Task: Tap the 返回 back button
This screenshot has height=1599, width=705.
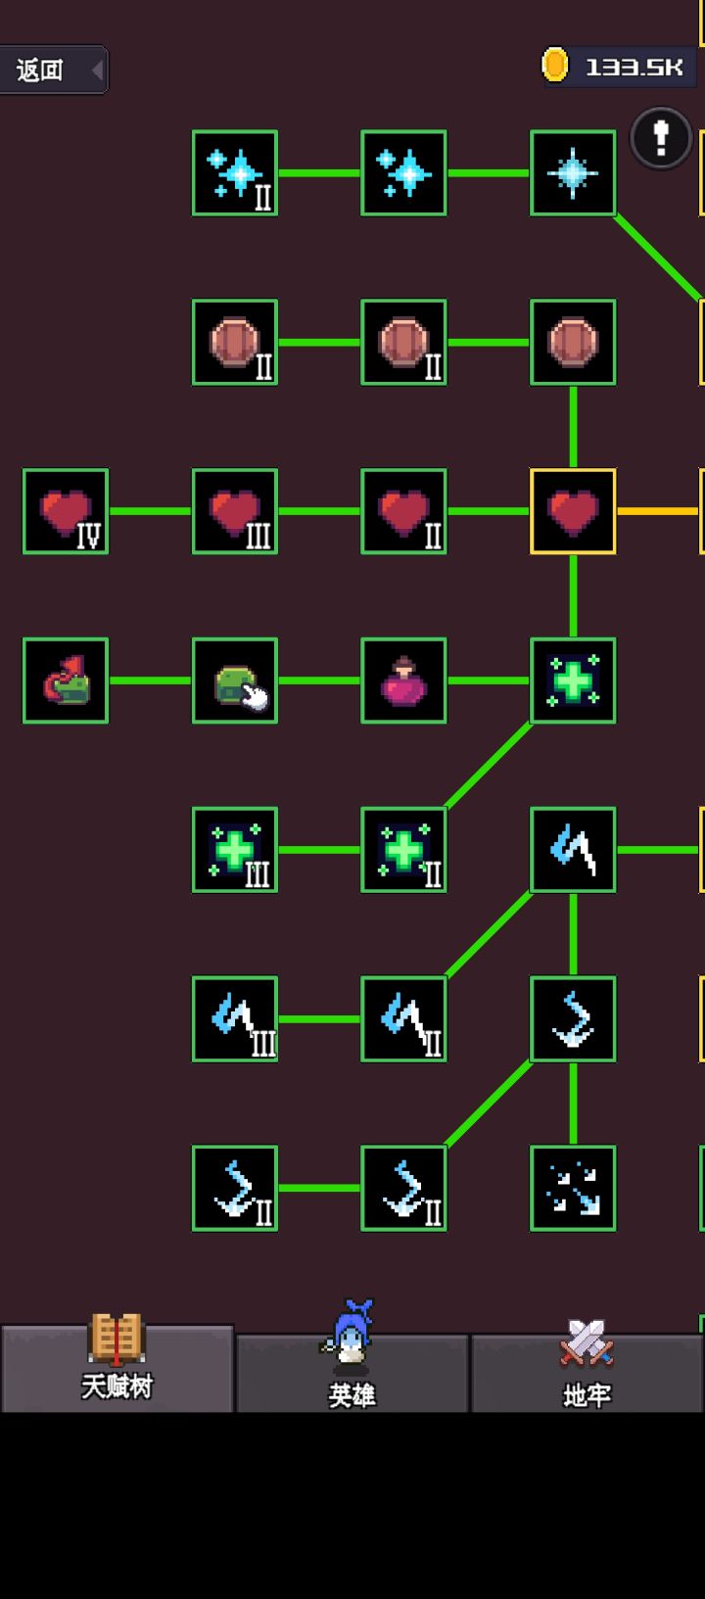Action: (x=54, y=70)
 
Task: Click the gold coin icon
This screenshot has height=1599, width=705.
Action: (x=554, y=65)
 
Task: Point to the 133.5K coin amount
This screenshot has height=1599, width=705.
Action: (x=634, y=68)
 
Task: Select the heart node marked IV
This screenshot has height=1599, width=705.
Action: (x=66, y=511)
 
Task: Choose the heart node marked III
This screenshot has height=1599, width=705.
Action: (x=235, y=511)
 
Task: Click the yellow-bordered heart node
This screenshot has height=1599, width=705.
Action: (x=573, y=511)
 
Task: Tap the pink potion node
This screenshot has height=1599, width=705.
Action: (x=403, y=681)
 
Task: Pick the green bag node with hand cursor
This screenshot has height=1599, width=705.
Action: (x=235, y=681)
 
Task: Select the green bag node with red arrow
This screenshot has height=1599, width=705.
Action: (x=66, y=681)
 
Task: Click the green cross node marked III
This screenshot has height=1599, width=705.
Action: (x=235, y=850)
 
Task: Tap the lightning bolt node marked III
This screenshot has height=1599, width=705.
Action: (x=235, y=1018)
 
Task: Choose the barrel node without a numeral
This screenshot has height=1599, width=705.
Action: (x=573, y=342)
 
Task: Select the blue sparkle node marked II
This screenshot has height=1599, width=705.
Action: (x=235, y=172)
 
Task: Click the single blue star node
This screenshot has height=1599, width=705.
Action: (x=573, y=172)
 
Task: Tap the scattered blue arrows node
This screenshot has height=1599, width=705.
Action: (x=573, y=1188)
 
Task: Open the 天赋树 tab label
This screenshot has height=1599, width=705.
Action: (x=117, y=1387)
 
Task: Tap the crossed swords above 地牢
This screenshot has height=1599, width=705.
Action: (x=586, y=1342)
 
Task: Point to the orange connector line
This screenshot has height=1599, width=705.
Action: (x=657, y=511)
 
